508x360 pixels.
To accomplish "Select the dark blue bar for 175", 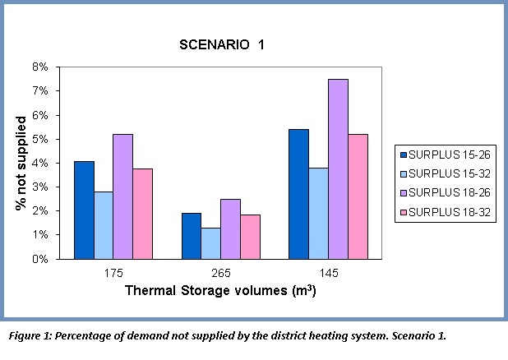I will [x=85, y=210].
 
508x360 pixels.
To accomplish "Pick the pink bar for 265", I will [x=252, y=237].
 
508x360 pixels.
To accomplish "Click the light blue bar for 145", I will [x=318, y=213].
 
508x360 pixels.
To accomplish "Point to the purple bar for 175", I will [x=123, y=196].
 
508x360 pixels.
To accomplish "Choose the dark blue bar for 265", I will [x=192, y=236].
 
